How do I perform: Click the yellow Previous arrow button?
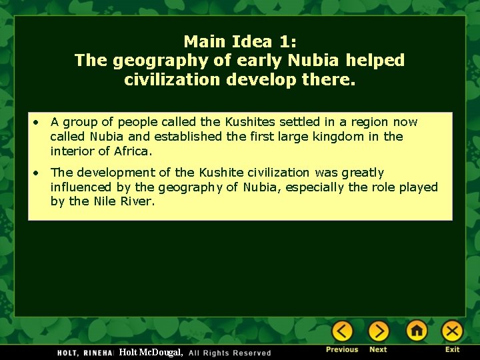click(x=342, y=331)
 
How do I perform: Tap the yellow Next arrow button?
click(x=378, y=331)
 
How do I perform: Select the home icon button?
click(x=417, y=331)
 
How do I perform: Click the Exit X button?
click(x=452, y=331)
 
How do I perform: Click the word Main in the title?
click(x=205, y=41)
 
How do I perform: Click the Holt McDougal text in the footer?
click(x=150, y=352)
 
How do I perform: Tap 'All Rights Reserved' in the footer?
click(x=230, y=353)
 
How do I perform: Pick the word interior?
click(x=71, y=151)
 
